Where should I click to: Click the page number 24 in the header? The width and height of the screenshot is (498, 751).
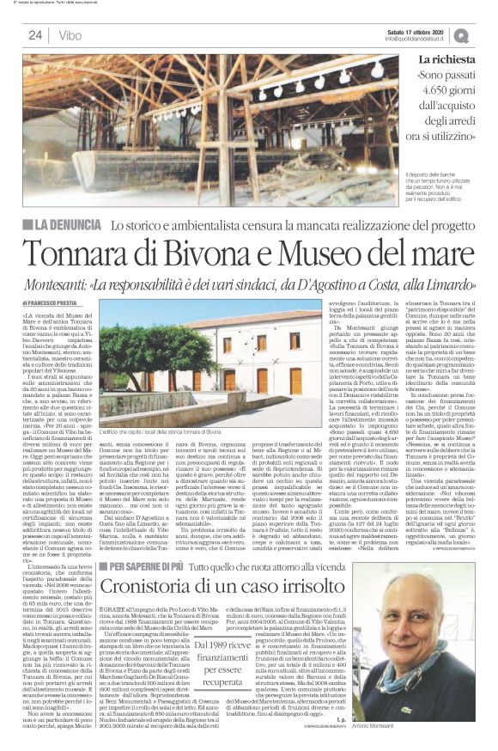pos(35,35)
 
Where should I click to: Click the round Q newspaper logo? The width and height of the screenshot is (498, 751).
pos(486,34)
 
